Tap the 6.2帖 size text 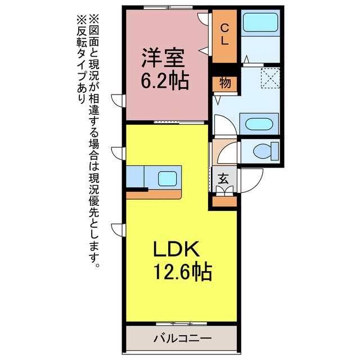(164, 82)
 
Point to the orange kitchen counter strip (154, 193)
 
